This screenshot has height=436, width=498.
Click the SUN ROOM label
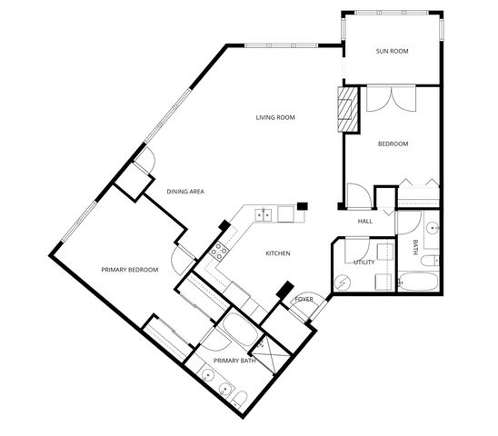[393, 52]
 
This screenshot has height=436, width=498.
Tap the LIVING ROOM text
[275, 117]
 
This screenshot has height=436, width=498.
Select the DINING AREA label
[184, 192]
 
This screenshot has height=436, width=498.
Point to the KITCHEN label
[277, 253]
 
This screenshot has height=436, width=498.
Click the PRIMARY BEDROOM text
[130, 270]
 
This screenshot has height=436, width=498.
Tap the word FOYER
[304, 299]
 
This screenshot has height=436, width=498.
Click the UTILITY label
[364, 263]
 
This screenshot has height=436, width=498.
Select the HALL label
[365, 221]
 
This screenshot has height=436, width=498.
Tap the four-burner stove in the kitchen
[219, 251]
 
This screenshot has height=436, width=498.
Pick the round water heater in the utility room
[342, 282]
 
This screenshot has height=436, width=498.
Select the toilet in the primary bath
[237, 398]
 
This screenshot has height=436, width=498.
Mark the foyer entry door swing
[307, 309]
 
